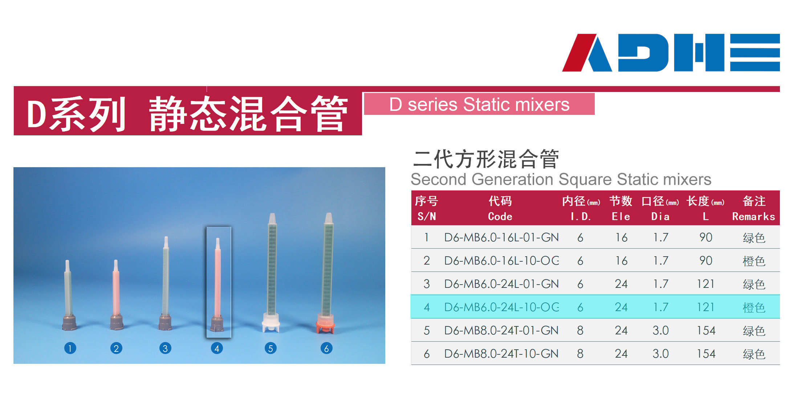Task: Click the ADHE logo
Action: (671, 53)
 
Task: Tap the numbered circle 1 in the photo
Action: (70, 348)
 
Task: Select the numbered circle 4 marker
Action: (217, 348)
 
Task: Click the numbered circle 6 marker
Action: (326, 348)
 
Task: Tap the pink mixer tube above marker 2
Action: (116, 287)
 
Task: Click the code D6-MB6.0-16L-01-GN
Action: (501, 237)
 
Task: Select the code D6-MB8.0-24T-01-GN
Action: (501, 330)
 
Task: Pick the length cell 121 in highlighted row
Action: (705, 307)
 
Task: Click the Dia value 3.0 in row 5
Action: (660, 330)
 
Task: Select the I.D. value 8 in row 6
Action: (580, 354)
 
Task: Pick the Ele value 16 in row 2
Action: (621, 261)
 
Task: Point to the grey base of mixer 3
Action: (165, 323)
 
